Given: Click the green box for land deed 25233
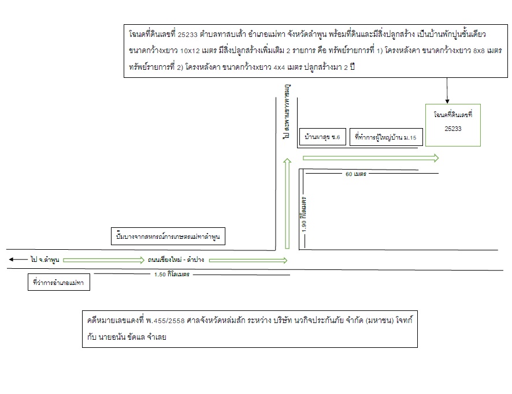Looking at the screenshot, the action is pos(453,104).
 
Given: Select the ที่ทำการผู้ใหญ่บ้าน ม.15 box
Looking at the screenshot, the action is pos(386,129).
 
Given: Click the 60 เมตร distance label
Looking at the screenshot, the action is pos(356,174).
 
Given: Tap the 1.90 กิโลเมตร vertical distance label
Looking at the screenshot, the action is pos(303,215).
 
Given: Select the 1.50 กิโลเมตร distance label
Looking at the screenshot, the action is pos(172,275).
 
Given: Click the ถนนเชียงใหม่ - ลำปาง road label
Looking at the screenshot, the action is pos(176,260).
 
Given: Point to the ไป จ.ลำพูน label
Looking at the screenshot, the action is pos(44,260).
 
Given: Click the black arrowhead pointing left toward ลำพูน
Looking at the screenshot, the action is pos(11,260).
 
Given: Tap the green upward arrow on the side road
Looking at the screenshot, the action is pos(287,204).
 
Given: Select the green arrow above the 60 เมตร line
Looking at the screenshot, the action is pos(370,158).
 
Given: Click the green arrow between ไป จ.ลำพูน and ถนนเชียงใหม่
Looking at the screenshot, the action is pos(103,260).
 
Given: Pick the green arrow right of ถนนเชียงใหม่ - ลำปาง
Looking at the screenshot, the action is pos(248,260).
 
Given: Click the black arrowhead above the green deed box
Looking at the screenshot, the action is pos(447,102).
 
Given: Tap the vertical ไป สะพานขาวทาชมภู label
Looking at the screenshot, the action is pos(287,112).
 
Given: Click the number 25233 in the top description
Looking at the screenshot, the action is pos(187,35).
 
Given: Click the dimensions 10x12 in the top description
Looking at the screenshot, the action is pos(190,51).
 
